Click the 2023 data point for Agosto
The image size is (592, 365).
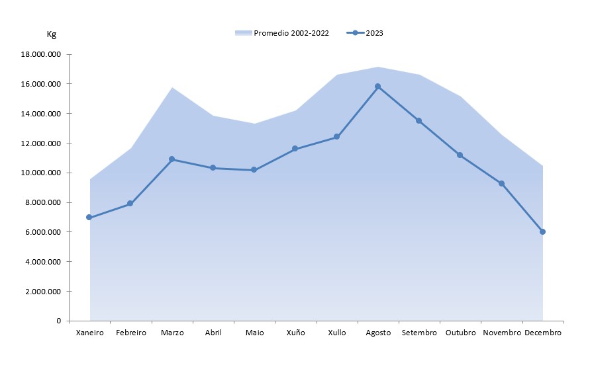pos(377,86)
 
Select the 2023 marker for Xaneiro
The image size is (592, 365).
pos(89,218)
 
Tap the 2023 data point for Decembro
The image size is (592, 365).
pos(542,231)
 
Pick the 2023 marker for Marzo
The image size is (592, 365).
pos(172,159)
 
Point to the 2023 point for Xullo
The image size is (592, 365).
pos(336,137)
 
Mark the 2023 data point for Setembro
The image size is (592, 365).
pos(419,120)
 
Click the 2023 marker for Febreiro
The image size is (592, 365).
pos(130,204)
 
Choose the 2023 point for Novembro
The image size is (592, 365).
pos(501,183)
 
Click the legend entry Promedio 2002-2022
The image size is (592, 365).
pos(291,33)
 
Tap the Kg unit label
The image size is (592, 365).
pos(52,34)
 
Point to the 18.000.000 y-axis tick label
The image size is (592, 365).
pos(41,55)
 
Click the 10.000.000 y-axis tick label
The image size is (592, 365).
pos(41,173)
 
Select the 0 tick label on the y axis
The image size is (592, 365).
pos(58,321)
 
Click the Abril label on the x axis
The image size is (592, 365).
pos(213,333)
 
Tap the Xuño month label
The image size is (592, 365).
pos(295,333)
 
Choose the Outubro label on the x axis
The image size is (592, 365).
pos(460,333)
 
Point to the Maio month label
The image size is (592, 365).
pos(254,333)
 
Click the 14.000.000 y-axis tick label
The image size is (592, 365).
pos(41,114)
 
